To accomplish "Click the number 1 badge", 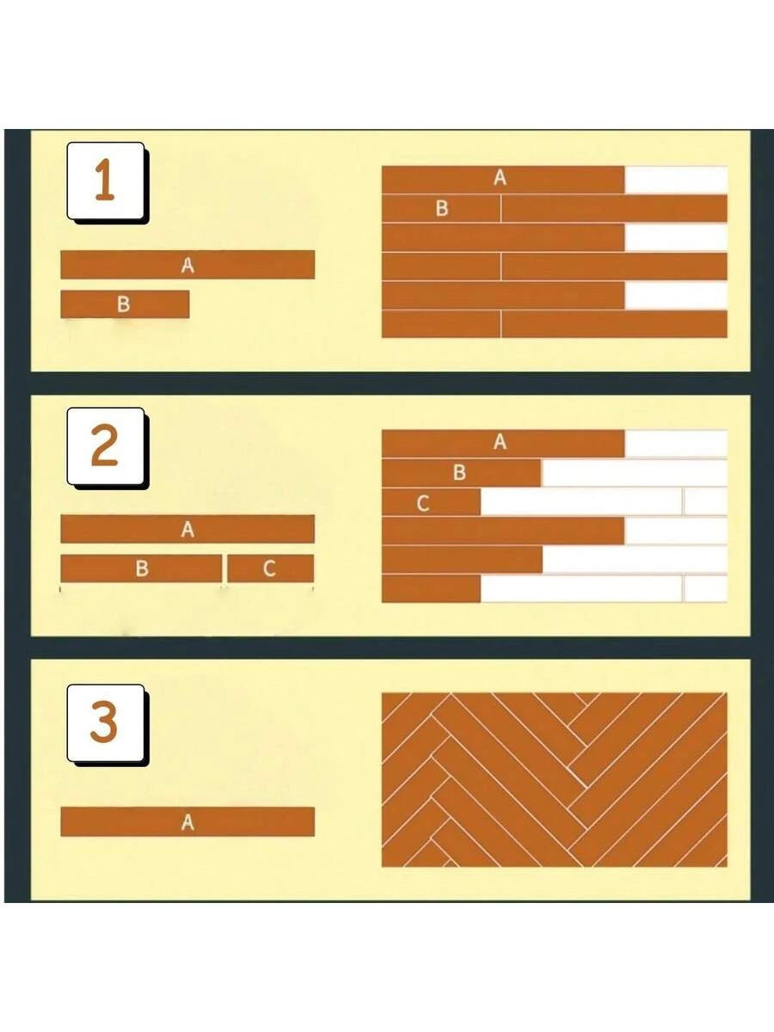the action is (106, 181).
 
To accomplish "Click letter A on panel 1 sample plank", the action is (187, 265).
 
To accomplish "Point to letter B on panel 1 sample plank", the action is (124, 304).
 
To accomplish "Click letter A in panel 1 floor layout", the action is (500, 178).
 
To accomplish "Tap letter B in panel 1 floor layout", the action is (442, 208).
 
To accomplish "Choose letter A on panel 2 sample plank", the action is (187, 530).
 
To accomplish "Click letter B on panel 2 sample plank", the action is (142, 568).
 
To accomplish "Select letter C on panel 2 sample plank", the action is (269, 568).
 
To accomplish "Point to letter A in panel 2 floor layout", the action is (500, 442).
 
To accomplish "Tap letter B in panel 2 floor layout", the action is (459, 472).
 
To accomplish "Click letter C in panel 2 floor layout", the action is (423, 504).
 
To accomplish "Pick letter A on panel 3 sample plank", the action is (187, 822).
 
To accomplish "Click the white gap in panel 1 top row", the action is (676, 179).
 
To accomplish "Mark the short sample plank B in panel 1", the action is (125, 304).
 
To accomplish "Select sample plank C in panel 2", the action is (271, 568).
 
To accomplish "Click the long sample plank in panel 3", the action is (187, 822).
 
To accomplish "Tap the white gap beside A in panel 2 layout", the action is (676, 444).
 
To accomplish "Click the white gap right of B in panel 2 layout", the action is (635, 473).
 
